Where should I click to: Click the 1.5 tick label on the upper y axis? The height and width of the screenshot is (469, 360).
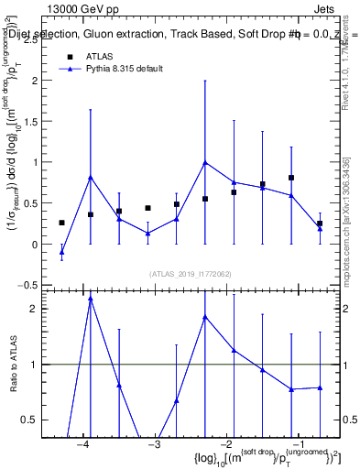32,121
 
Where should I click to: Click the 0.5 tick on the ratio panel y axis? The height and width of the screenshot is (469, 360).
32,420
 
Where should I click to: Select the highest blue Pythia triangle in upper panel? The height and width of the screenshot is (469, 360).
205,162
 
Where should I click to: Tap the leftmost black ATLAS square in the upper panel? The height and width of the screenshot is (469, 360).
61,223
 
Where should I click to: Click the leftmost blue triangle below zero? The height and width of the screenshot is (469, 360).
61,251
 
